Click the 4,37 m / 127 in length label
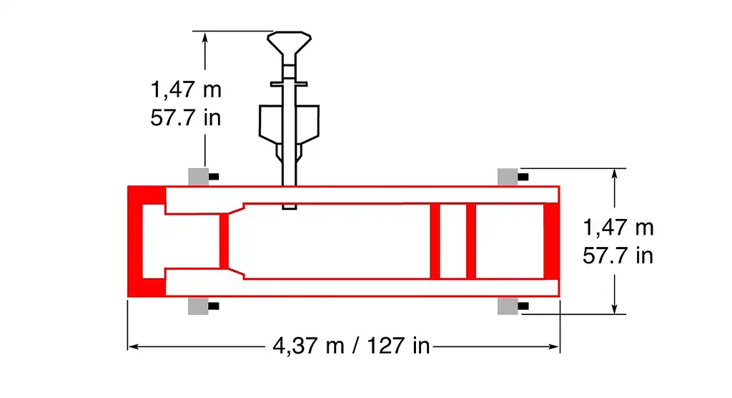click(351, 346)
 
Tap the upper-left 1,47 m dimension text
click(186, 89)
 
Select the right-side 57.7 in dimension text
click(618, 256)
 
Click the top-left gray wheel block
click(199, 177)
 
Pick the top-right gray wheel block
click(508, 177)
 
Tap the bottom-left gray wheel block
click(199, 306)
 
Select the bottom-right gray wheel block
click(508, 306)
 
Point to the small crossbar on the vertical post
click(289, 84)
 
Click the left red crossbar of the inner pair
click(435, 241)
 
